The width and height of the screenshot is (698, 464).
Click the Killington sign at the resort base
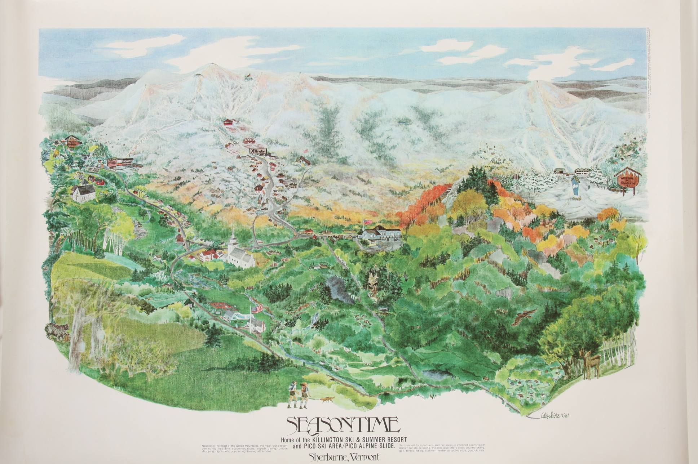[258, 152]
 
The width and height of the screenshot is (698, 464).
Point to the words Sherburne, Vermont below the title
[344, 456]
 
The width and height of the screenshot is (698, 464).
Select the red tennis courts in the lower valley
[223, 307]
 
